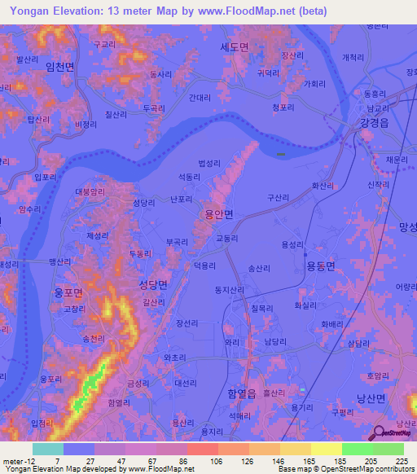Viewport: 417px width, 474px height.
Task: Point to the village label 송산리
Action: [x=258, y=266]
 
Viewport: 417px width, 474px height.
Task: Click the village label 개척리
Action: [x=353, y=56]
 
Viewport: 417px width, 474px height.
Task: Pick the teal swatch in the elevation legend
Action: [x=48, y=449]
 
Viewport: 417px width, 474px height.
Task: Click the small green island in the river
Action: [x=281, y=153]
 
